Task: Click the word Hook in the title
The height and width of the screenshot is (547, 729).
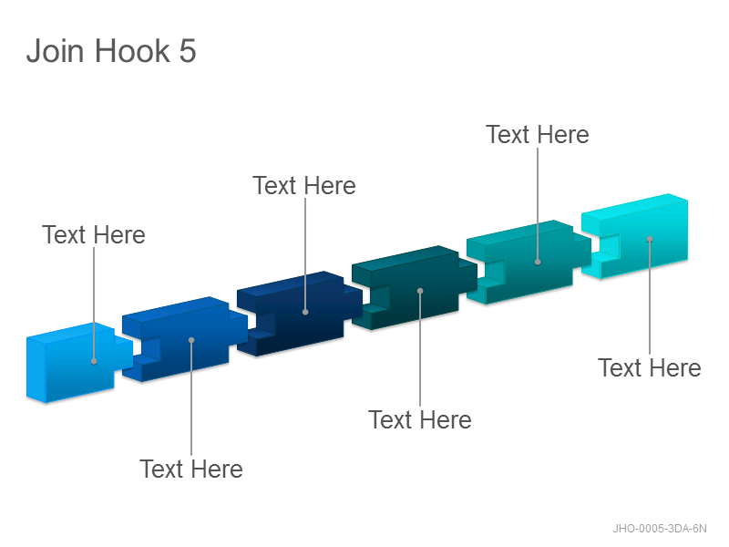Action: click(x=132, y=51)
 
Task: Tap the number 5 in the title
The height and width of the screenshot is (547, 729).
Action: click(x=188, y=51)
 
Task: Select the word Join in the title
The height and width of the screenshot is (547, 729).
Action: click(x=56, y=51)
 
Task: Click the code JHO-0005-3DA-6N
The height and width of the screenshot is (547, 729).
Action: click(x=659, y=529)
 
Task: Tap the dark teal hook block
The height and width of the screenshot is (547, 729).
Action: click(x=414, y=286)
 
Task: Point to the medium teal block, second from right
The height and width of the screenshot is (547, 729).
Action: click(x=528, y=261)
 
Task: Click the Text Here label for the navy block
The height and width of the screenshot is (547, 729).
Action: click(x=304, y=186)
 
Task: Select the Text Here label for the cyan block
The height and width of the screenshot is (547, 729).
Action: click(x=650, y=368)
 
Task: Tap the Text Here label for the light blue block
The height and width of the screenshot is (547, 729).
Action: click(x=94, y=234)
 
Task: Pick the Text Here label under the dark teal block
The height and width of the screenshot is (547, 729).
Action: click(x=420, y=419)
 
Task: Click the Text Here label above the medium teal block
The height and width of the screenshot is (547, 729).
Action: click(x=538, y=134)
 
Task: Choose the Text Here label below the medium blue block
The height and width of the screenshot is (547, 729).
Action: click(x=191, y=469)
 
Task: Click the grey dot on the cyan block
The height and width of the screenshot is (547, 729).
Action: click(x=650, y=239)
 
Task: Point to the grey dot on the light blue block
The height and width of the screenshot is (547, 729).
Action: click(x=94, y=361)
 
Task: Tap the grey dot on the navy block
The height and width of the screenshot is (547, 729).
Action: click(x=305, y=312)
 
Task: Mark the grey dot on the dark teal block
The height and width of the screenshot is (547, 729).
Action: click(x=420, y=291)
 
